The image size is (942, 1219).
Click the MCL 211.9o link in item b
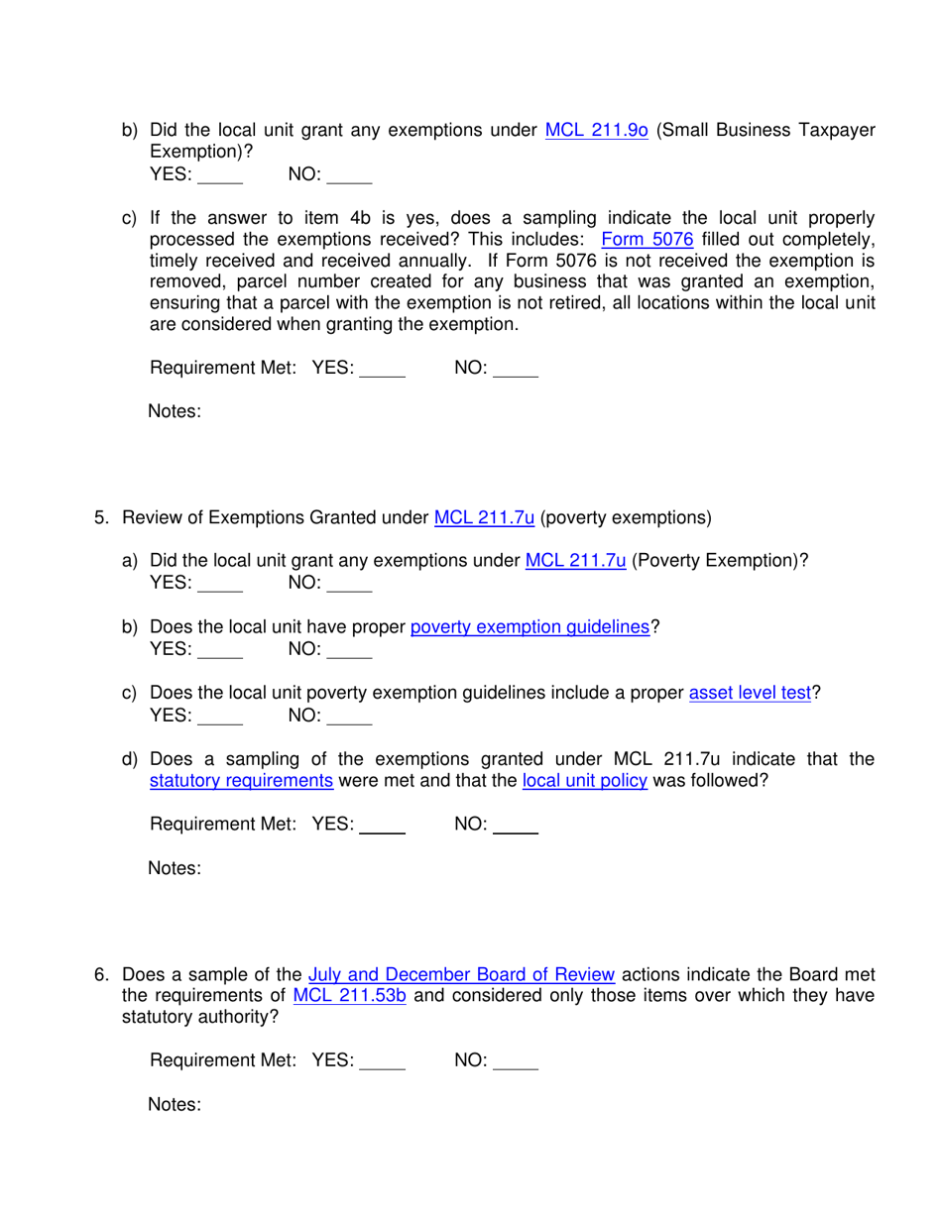coord(597,130)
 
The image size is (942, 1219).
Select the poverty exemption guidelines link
coord(530,627)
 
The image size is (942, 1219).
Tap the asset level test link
coord(750,694)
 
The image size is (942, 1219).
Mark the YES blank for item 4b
coord(220,176)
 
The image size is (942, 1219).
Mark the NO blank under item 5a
coord(349,585)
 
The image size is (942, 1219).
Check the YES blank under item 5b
coord(220,651)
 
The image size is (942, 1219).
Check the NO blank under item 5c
coord(349,717)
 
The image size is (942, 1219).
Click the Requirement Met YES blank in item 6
coord(383,1061)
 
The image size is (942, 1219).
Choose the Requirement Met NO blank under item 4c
coord(516,369)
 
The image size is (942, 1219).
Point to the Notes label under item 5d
coord(175,869)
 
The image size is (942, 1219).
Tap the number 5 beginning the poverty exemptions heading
coord(101,517)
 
